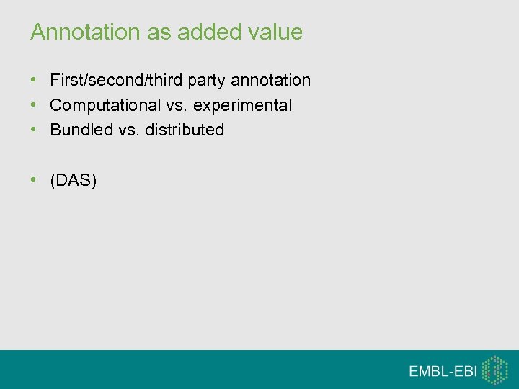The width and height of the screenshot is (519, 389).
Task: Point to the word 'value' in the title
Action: [x=275, y=32]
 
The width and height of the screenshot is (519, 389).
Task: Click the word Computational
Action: [x=106, y=105]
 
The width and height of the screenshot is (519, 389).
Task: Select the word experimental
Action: [x=241, y=106]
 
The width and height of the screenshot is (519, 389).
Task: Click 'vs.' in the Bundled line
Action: [x=130, y=130]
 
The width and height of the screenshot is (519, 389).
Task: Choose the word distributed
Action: [x=185, y=130]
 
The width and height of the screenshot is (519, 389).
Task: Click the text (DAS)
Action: [x=73, y=180]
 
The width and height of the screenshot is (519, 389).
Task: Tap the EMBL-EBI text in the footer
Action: [x=443, y=371]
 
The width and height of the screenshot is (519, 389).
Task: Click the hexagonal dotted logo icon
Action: [x=495, y=370]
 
